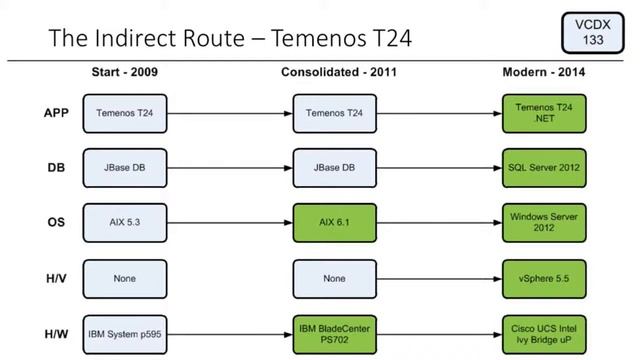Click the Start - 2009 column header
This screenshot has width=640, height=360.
click(124, 73)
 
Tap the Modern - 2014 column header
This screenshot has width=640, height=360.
click(544, 73)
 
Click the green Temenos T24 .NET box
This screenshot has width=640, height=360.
click(544, 112)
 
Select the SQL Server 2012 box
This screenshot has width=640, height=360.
click(544, 167)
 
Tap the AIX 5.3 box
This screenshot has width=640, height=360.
click(124, 222)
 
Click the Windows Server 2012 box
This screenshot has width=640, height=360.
click(544, 222)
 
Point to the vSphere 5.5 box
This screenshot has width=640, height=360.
click(544, 278)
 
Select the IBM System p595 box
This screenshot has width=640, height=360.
click(124, 333)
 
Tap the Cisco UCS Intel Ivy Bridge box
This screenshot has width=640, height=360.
click(544, 333)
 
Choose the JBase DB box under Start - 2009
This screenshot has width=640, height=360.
click(124, 167)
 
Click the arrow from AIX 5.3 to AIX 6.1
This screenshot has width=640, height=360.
click(229, 222)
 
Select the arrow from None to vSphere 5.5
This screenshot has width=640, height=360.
click(439, 278)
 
